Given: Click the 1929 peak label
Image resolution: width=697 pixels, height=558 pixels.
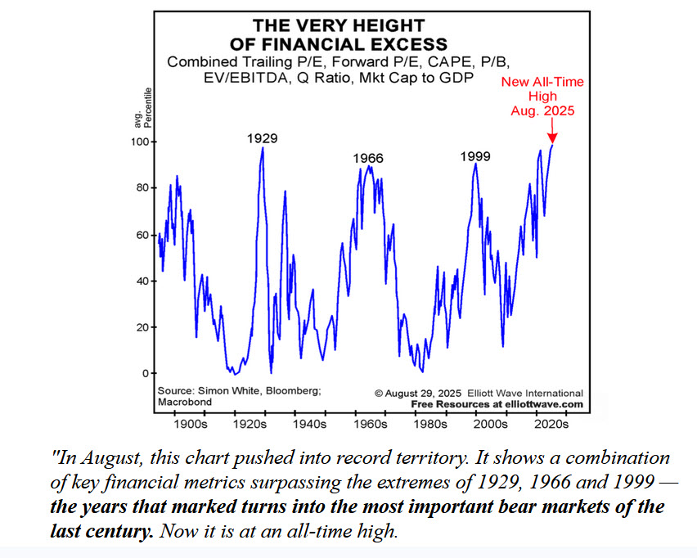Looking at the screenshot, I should pos(262,138).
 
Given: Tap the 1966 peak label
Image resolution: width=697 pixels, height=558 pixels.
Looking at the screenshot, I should pos(369,158).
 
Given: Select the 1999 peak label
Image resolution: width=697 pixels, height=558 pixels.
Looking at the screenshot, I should pos(475,155).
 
